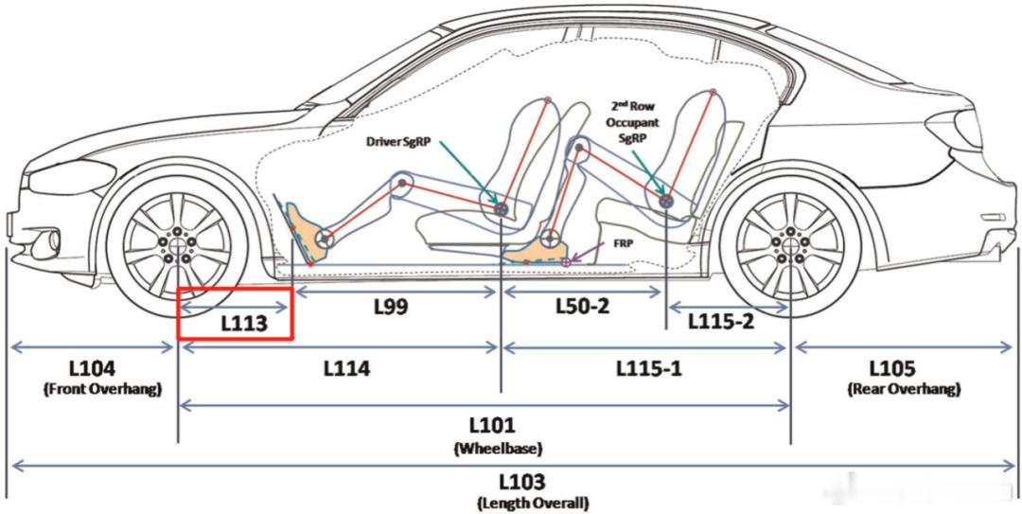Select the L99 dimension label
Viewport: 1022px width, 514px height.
[x=391, y=307]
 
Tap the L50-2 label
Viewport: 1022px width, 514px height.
[x=582, y=305]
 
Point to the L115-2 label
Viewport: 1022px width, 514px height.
[x=721, y=321]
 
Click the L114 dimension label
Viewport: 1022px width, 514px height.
[x=346, y=368]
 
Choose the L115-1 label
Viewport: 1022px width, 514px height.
[x=649, y=368]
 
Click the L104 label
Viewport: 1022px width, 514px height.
[x=92, y=368]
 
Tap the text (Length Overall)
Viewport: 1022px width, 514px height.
[x=534, y=504]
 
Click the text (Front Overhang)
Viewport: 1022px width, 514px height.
[x=101, y=390]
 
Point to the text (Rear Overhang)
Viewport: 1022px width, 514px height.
[x=904, y=389]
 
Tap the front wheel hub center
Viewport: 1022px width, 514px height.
[x=177, y=242]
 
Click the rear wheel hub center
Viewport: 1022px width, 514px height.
[x=790, y=242]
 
